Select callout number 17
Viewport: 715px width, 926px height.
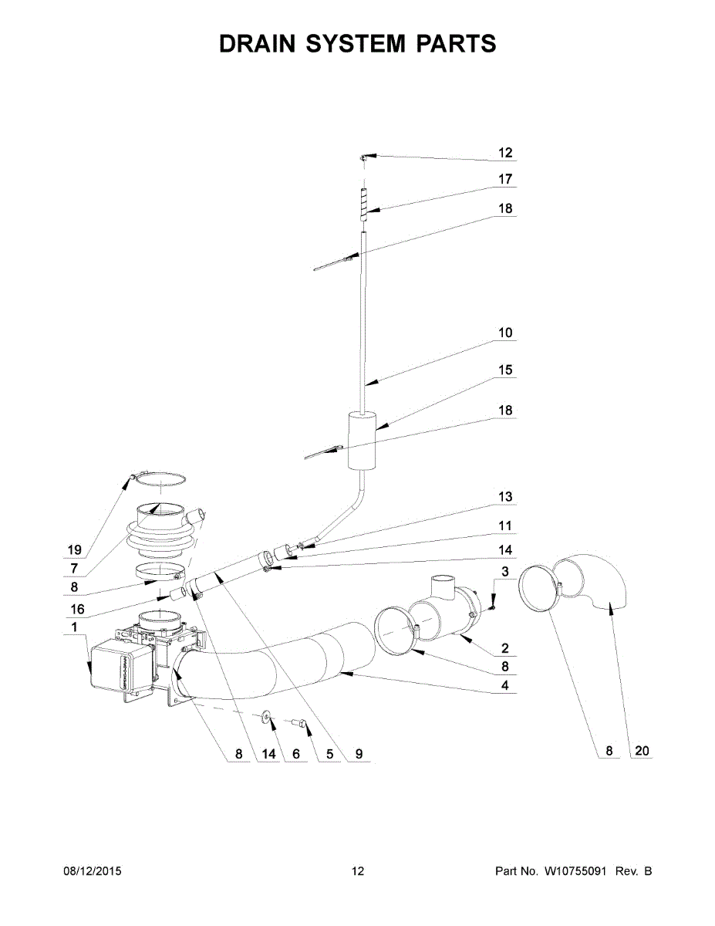click(x=505, y=179)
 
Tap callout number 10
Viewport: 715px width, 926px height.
click(x=505, y=333)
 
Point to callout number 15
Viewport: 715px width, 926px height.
click(x=505, y=370)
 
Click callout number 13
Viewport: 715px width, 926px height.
click(x=505, y=497)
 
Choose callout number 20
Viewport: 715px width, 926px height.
click(x=641, y=750)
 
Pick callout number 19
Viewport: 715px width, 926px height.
click(x=74, y=550)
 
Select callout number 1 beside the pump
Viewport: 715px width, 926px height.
click(x=74, y=627)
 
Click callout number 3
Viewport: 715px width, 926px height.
click(x=505, y=572)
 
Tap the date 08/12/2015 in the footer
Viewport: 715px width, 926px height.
click(x=92, y=872)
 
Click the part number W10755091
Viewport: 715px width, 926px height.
click(x=577, y=872)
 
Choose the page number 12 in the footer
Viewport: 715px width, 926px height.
click(x=357, y=872)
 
